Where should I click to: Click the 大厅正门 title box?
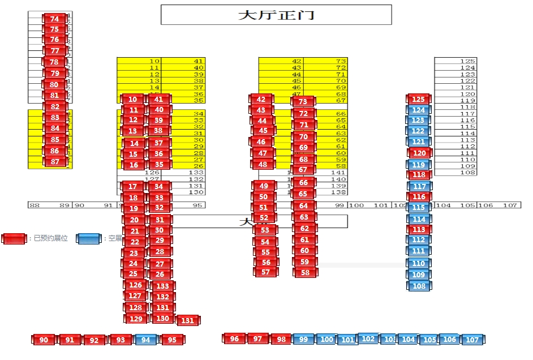coord(276,15)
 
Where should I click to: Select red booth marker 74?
coord(54,19)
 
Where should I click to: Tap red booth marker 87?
coord(55,161)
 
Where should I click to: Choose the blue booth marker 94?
coord(146,340)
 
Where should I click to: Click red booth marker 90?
coord(44,340)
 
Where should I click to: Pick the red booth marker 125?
coord(419,100)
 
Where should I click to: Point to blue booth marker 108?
coord(419,286)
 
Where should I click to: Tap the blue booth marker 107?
coord(471,340)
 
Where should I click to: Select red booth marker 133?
coord(162,286)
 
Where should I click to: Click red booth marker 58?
coord(305,273)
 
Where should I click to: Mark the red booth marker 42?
coord(261,100)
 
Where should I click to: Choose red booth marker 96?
coord(234,339)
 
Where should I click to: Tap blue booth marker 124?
coord(419,110)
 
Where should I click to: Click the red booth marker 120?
coord(419,153)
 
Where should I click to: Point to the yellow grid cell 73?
coord(326,61)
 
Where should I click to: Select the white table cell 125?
coord(455,61)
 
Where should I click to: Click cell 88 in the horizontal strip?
coord(35,205)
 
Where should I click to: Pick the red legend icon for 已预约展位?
coord(14,239)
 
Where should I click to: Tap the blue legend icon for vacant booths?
coord(89,239)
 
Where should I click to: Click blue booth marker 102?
coord(368,338)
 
